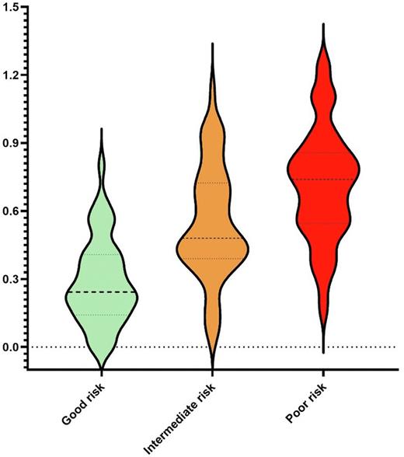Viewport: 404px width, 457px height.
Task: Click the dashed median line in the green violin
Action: click(x=102, y=292)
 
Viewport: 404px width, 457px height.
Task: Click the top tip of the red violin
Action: click(x=322, y=25)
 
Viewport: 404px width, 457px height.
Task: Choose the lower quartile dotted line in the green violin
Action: click(x=102, y=315)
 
